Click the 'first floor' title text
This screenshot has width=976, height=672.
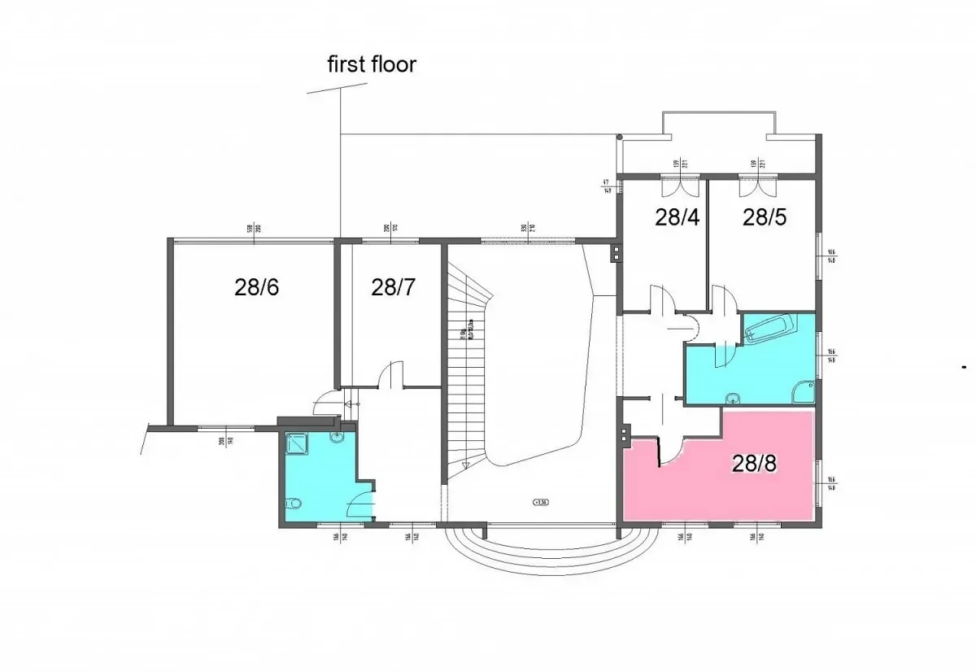click(372, 64)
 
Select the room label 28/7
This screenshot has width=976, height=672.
click(394, 287)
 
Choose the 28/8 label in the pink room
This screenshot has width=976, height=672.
click(754, 463)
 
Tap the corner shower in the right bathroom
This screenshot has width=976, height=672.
click(804, 393)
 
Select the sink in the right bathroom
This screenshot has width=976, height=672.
click(734, 398)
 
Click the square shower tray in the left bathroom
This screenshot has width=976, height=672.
click(294, 443)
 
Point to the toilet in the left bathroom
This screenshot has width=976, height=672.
click(294, 502)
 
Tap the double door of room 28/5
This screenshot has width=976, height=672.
click(753, 188)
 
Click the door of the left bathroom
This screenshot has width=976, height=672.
click(359, 507)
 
